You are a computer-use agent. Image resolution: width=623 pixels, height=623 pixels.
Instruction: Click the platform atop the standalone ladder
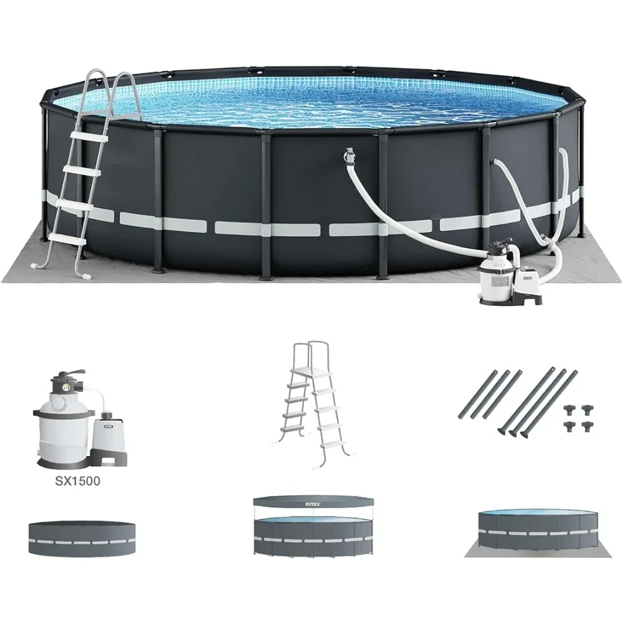pos(310,370)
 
